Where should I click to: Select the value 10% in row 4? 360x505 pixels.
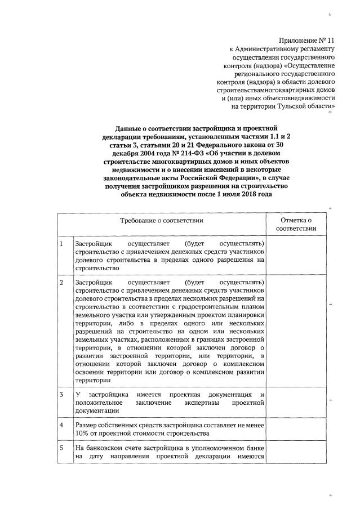(82, 434)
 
